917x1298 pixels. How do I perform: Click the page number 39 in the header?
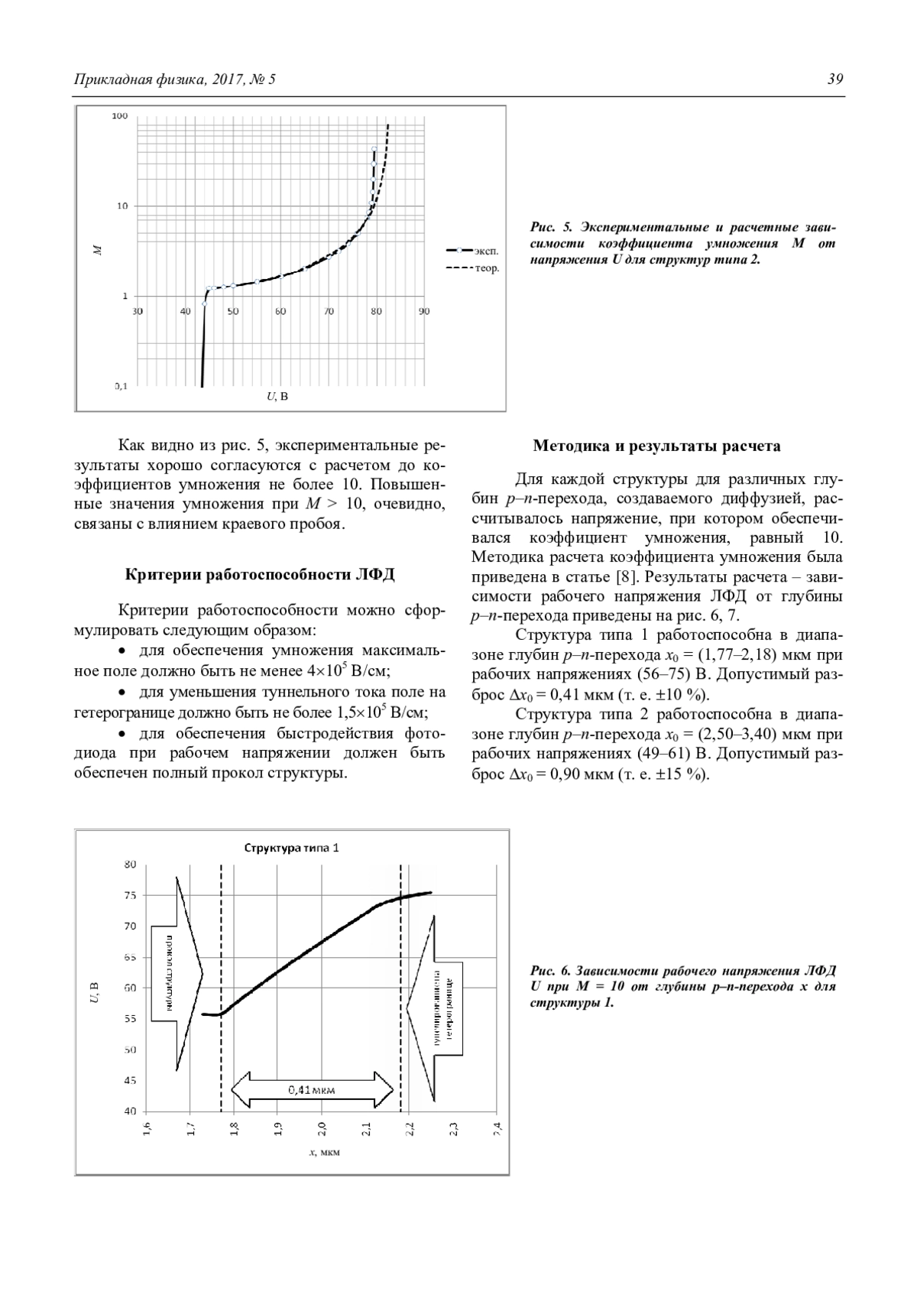pos(835,80)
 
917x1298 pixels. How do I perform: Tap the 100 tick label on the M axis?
pos(121,116)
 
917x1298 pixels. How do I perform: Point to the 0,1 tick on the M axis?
pos(121,386)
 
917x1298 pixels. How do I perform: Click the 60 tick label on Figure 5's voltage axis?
pos(280,311)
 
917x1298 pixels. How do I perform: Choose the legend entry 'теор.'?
pos(487,268)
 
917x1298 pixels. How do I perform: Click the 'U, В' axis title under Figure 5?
pos(277,396)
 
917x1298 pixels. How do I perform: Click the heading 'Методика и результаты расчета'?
pos(656,446)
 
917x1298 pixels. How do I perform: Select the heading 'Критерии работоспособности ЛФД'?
pos(259,575)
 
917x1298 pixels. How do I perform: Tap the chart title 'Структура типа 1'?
pos(292,848)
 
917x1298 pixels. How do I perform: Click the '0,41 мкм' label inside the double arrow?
pos(312,1089)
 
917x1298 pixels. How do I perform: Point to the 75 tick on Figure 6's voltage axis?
pos(130,895)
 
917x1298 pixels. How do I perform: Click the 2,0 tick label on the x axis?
pos(322,1129)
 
